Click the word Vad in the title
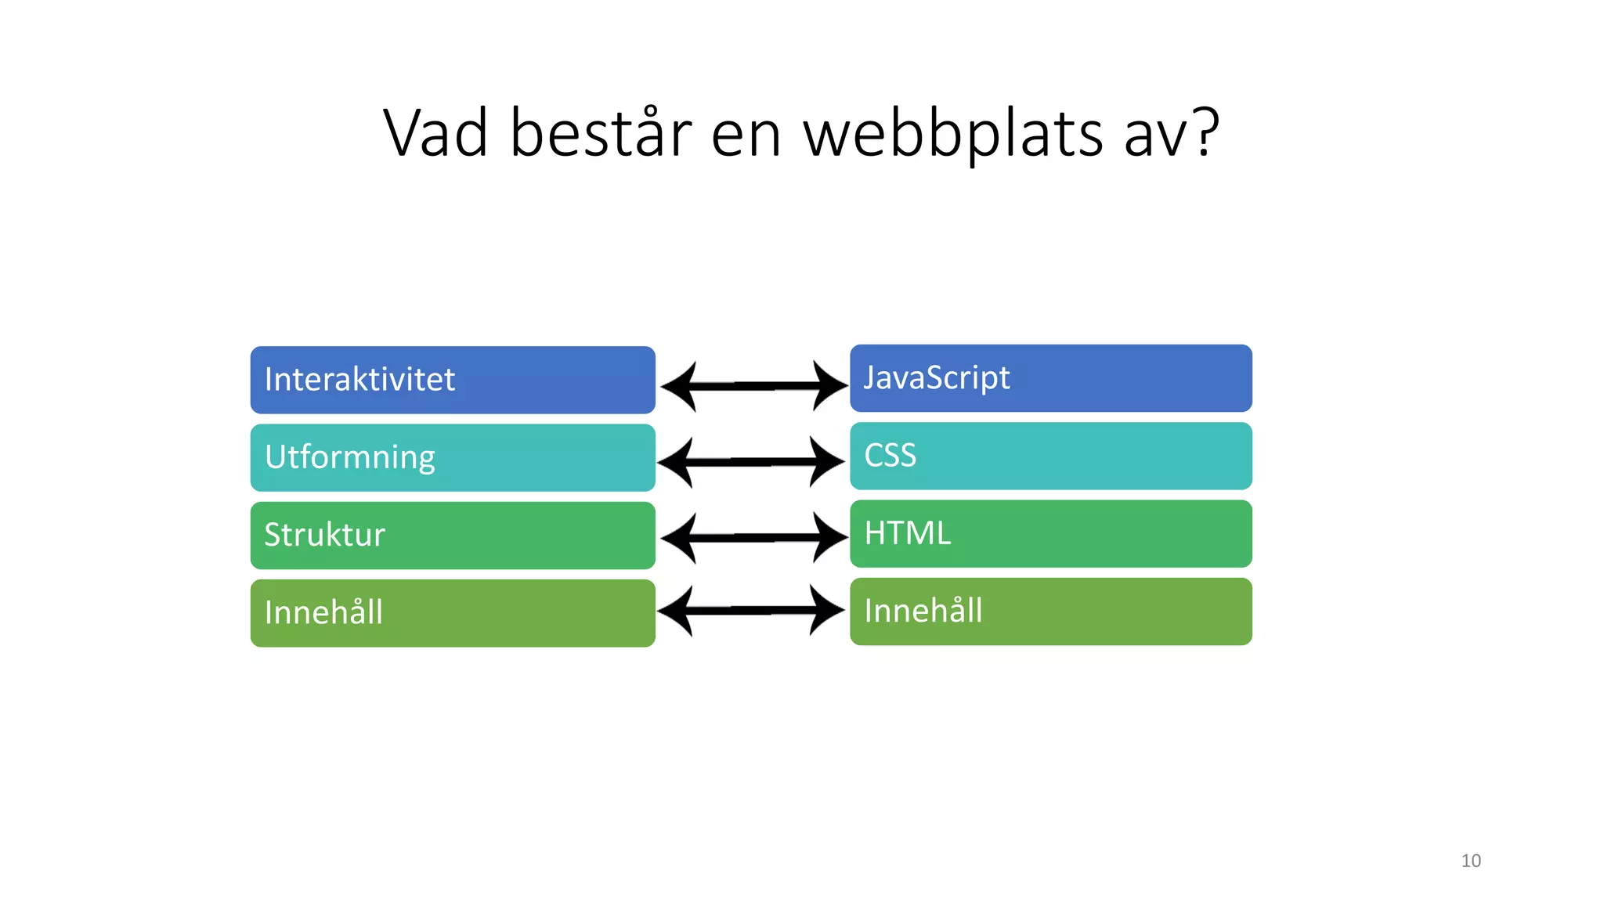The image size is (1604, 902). coord(435,133)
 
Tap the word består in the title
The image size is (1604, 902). coord(601,133)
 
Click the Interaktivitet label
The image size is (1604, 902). coord(359,380)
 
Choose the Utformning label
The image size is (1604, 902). coord(349,457)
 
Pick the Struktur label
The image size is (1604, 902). coord(324,535)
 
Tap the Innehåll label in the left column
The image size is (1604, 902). coord(323,612)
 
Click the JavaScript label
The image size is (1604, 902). coord(937,378)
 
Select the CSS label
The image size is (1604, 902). coord(890,456)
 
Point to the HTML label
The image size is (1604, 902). coord(907,533)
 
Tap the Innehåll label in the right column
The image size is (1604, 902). coord(923,611)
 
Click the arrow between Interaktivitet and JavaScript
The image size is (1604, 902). coord(753,386)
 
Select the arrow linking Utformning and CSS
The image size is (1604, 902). coord(751,462)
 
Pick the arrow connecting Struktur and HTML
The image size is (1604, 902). coord(753,538)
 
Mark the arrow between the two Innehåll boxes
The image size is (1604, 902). coord(751,610)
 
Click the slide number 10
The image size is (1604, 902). coord(1471,861)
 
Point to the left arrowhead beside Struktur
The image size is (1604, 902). coord(678,538)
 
